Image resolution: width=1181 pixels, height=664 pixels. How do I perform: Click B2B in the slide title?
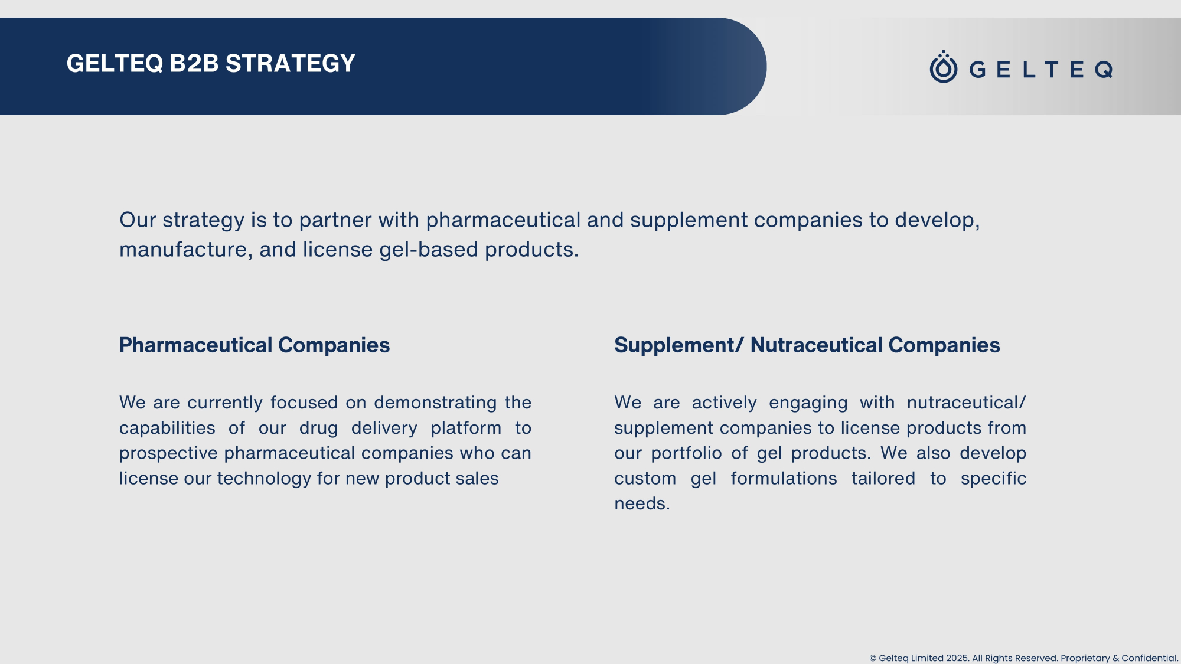tap(194, 64)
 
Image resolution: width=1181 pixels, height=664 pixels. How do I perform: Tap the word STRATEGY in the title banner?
tap(291, 64)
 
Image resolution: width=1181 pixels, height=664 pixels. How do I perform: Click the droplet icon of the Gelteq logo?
tap(944, 67)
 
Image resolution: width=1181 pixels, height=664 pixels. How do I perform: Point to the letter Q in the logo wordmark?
tap(1104, 70)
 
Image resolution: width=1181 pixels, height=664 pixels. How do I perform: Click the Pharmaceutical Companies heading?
tap(255, 345)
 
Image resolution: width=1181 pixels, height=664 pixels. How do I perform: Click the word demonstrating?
tap(435, 403)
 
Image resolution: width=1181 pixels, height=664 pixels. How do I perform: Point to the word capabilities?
tap(167, 428)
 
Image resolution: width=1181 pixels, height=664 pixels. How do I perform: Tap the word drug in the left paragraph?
tap(318, 428)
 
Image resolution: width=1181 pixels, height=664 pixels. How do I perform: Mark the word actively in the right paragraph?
tap(724, 403)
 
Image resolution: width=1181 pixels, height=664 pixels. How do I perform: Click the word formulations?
tap(784, 478)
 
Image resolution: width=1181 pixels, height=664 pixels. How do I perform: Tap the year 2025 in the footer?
tap(958, 658)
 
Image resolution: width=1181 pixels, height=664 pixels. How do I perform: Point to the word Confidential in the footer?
tap(1150, 658)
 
